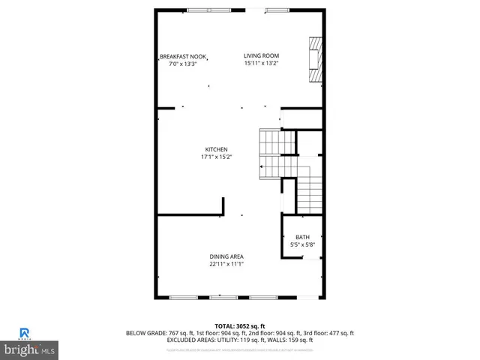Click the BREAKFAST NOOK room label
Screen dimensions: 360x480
[183, 56]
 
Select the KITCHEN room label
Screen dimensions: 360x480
[216, 150]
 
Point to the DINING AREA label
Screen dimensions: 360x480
[226, 256]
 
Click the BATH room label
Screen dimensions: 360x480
[301, 238]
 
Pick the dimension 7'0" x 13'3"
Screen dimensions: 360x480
[183, 64]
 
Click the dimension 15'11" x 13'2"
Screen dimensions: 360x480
[261, 64]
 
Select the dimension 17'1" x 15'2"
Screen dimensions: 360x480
[216, 157]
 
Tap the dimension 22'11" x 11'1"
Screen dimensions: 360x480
[226, 264]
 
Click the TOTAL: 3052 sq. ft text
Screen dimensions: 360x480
[240, 326]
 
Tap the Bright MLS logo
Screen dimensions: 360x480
[30, 349]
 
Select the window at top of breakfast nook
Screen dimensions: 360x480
[198, 10]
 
